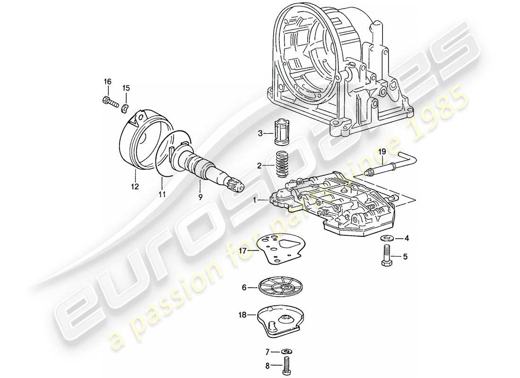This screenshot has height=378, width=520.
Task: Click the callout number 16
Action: (107, 82)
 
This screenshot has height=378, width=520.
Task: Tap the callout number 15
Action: (126, 88)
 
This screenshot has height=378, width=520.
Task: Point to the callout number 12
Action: (135, 187)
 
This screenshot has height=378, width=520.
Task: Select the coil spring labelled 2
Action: (282, 164)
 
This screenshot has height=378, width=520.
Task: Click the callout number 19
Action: (382, 151)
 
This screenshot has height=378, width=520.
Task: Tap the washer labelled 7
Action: (286, 352)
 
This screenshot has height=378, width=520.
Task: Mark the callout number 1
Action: (256, 200)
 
